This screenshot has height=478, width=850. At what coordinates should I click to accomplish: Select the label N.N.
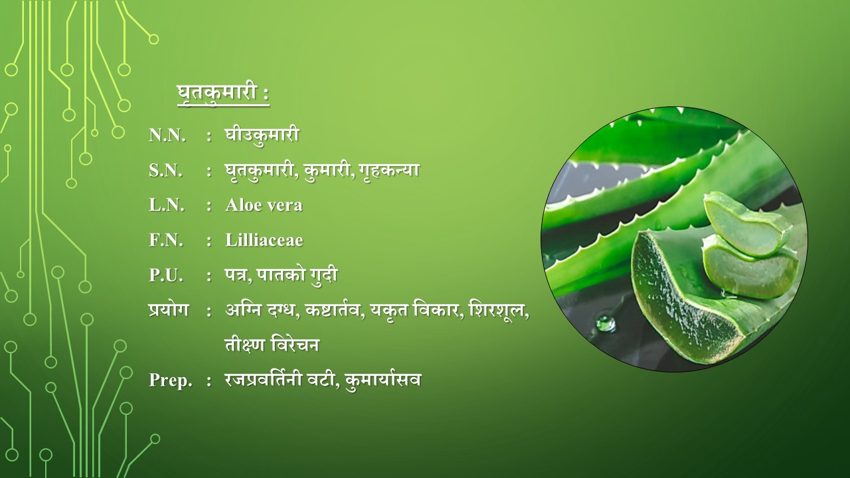(167, 135)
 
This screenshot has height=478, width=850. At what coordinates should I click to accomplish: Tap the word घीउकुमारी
(262, 135)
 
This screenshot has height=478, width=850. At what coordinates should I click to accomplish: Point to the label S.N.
(166, 171)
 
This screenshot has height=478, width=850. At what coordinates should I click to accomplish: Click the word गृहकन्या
(388, 171)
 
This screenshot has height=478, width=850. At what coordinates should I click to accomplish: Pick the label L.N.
(167, 205)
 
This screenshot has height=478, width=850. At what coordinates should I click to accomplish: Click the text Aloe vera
(264, 205)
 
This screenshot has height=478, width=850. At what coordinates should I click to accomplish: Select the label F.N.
(166, 240)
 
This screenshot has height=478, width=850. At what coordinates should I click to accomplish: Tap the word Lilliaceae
(264, 240)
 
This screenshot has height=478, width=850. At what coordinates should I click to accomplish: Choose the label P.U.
(166, 276)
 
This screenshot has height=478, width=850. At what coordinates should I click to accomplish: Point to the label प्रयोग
(168, 309)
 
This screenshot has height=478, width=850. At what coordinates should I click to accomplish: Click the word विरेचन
(295, 345)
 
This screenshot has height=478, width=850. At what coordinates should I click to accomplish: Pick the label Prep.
(171, 380)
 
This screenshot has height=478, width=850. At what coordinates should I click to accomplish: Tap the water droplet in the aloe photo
(606, 323)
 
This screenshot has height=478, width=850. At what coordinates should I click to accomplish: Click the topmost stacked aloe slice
(747, 224)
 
